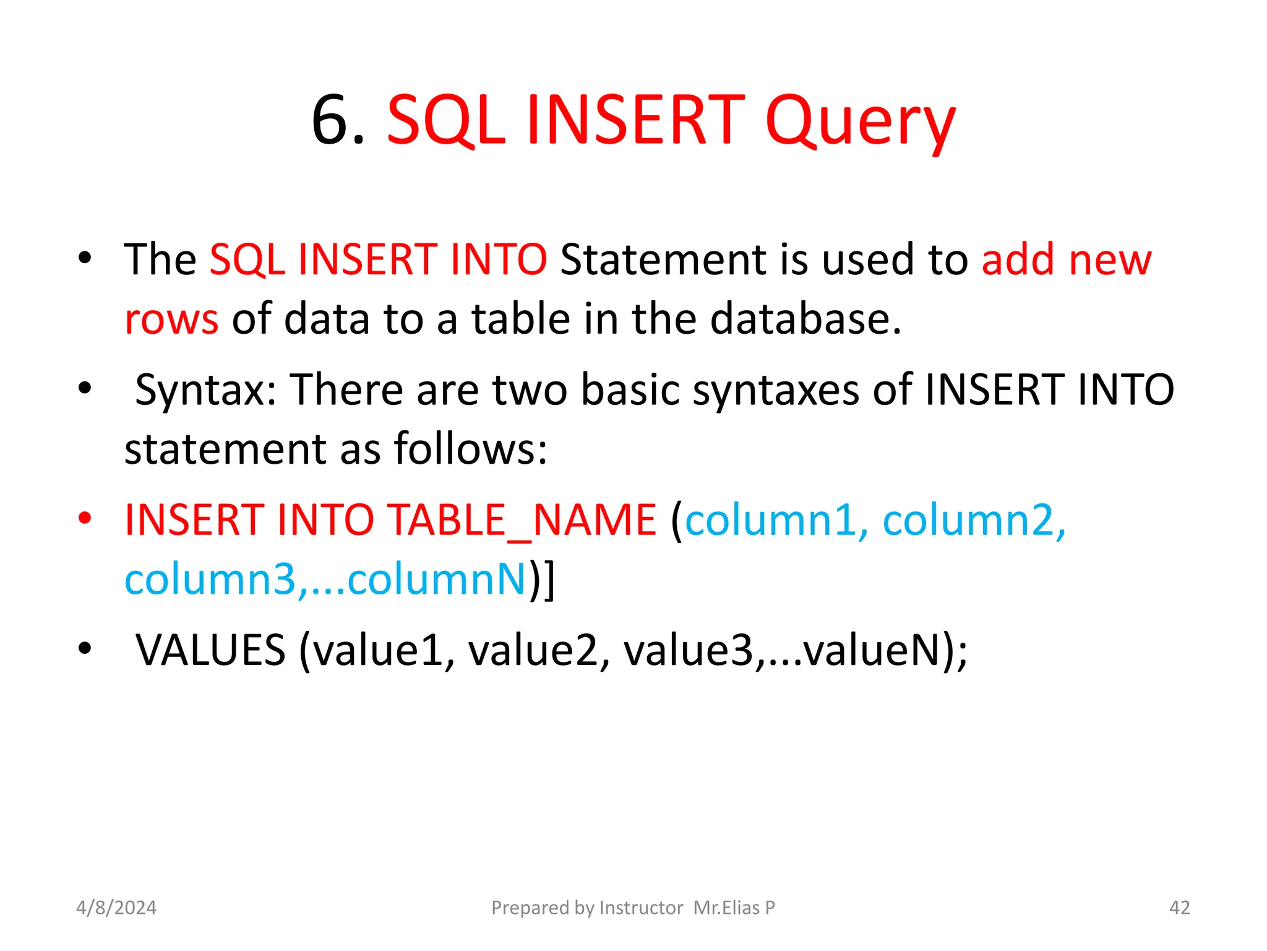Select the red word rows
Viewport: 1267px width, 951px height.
[x=171, y=319]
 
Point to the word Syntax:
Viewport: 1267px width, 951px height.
[x=206, y=390]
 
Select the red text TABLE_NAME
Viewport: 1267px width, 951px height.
[x=522, y=519]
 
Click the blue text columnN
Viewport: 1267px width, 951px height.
[x=436, y=580]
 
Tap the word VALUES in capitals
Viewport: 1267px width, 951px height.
[x=211, y=650]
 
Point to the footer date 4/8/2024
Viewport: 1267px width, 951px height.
[x=116, y=908]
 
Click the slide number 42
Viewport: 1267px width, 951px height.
[x=1179, y=908]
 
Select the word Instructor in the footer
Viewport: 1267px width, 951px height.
[x=641, y=908]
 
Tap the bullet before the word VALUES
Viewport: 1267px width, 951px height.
[x=85, y=648]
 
